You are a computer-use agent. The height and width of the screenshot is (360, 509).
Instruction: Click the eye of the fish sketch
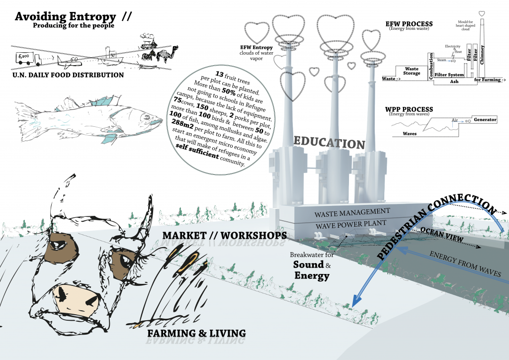coord(144,118)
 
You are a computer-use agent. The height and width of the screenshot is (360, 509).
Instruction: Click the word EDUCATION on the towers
coord(329,143)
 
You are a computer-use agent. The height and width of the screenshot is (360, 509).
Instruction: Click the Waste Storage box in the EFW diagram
coord(412,71)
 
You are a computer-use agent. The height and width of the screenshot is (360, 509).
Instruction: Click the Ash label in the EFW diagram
coord(454,81)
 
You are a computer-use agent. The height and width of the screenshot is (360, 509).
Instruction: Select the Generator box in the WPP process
coord(485,120)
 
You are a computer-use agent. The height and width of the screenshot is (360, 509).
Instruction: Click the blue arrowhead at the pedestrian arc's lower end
coord(356,300)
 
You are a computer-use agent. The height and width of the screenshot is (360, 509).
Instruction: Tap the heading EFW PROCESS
coord(409,24)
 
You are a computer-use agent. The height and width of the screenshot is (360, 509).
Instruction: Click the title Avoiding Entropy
coord(66,16)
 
